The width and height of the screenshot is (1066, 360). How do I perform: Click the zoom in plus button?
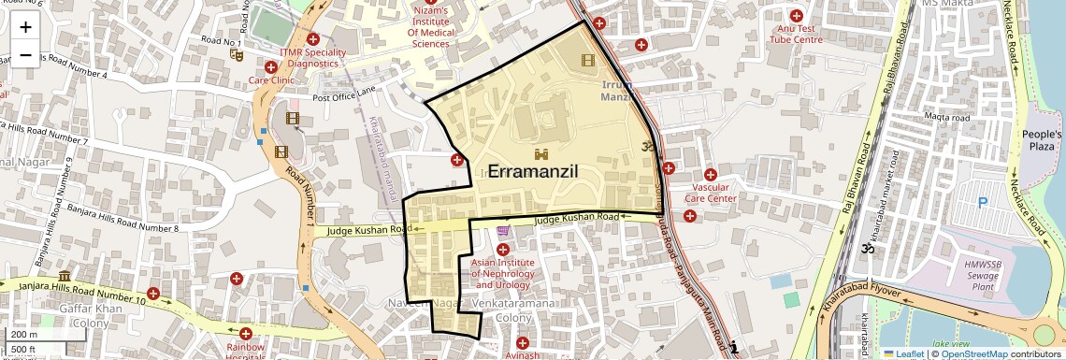click(x=25, y=26)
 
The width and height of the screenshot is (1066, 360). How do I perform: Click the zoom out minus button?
click(x=25, y=54)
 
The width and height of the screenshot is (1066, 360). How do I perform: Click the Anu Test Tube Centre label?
click(x=796, y=34)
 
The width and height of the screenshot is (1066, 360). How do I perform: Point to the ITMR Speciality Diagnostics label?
click(x=312, y=58)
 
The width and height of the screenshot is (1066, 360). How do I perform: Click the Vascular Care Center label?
click(x=711, y=193)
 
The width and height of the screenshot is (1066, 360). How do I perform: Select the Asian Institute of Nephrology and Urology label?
click(x=503, y=273)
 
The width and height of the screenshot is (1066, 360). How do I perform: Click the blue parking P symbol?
click(x=983, y=202)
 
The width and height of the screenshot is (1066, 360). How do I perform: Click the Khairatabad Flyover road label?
click(x=869, y=293)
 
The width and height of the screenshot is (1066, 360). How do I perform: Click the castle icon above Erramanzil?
click(x=540, y=152)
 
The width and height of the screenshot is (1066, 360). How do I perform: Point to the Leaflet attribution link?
click(x=903, y=353)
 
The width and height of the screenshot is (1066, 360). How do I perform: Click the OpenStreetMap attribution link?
click(x=973, y=353)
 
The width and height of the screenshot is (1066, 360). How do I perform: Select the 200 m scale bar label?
click(x=24, y=334)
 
